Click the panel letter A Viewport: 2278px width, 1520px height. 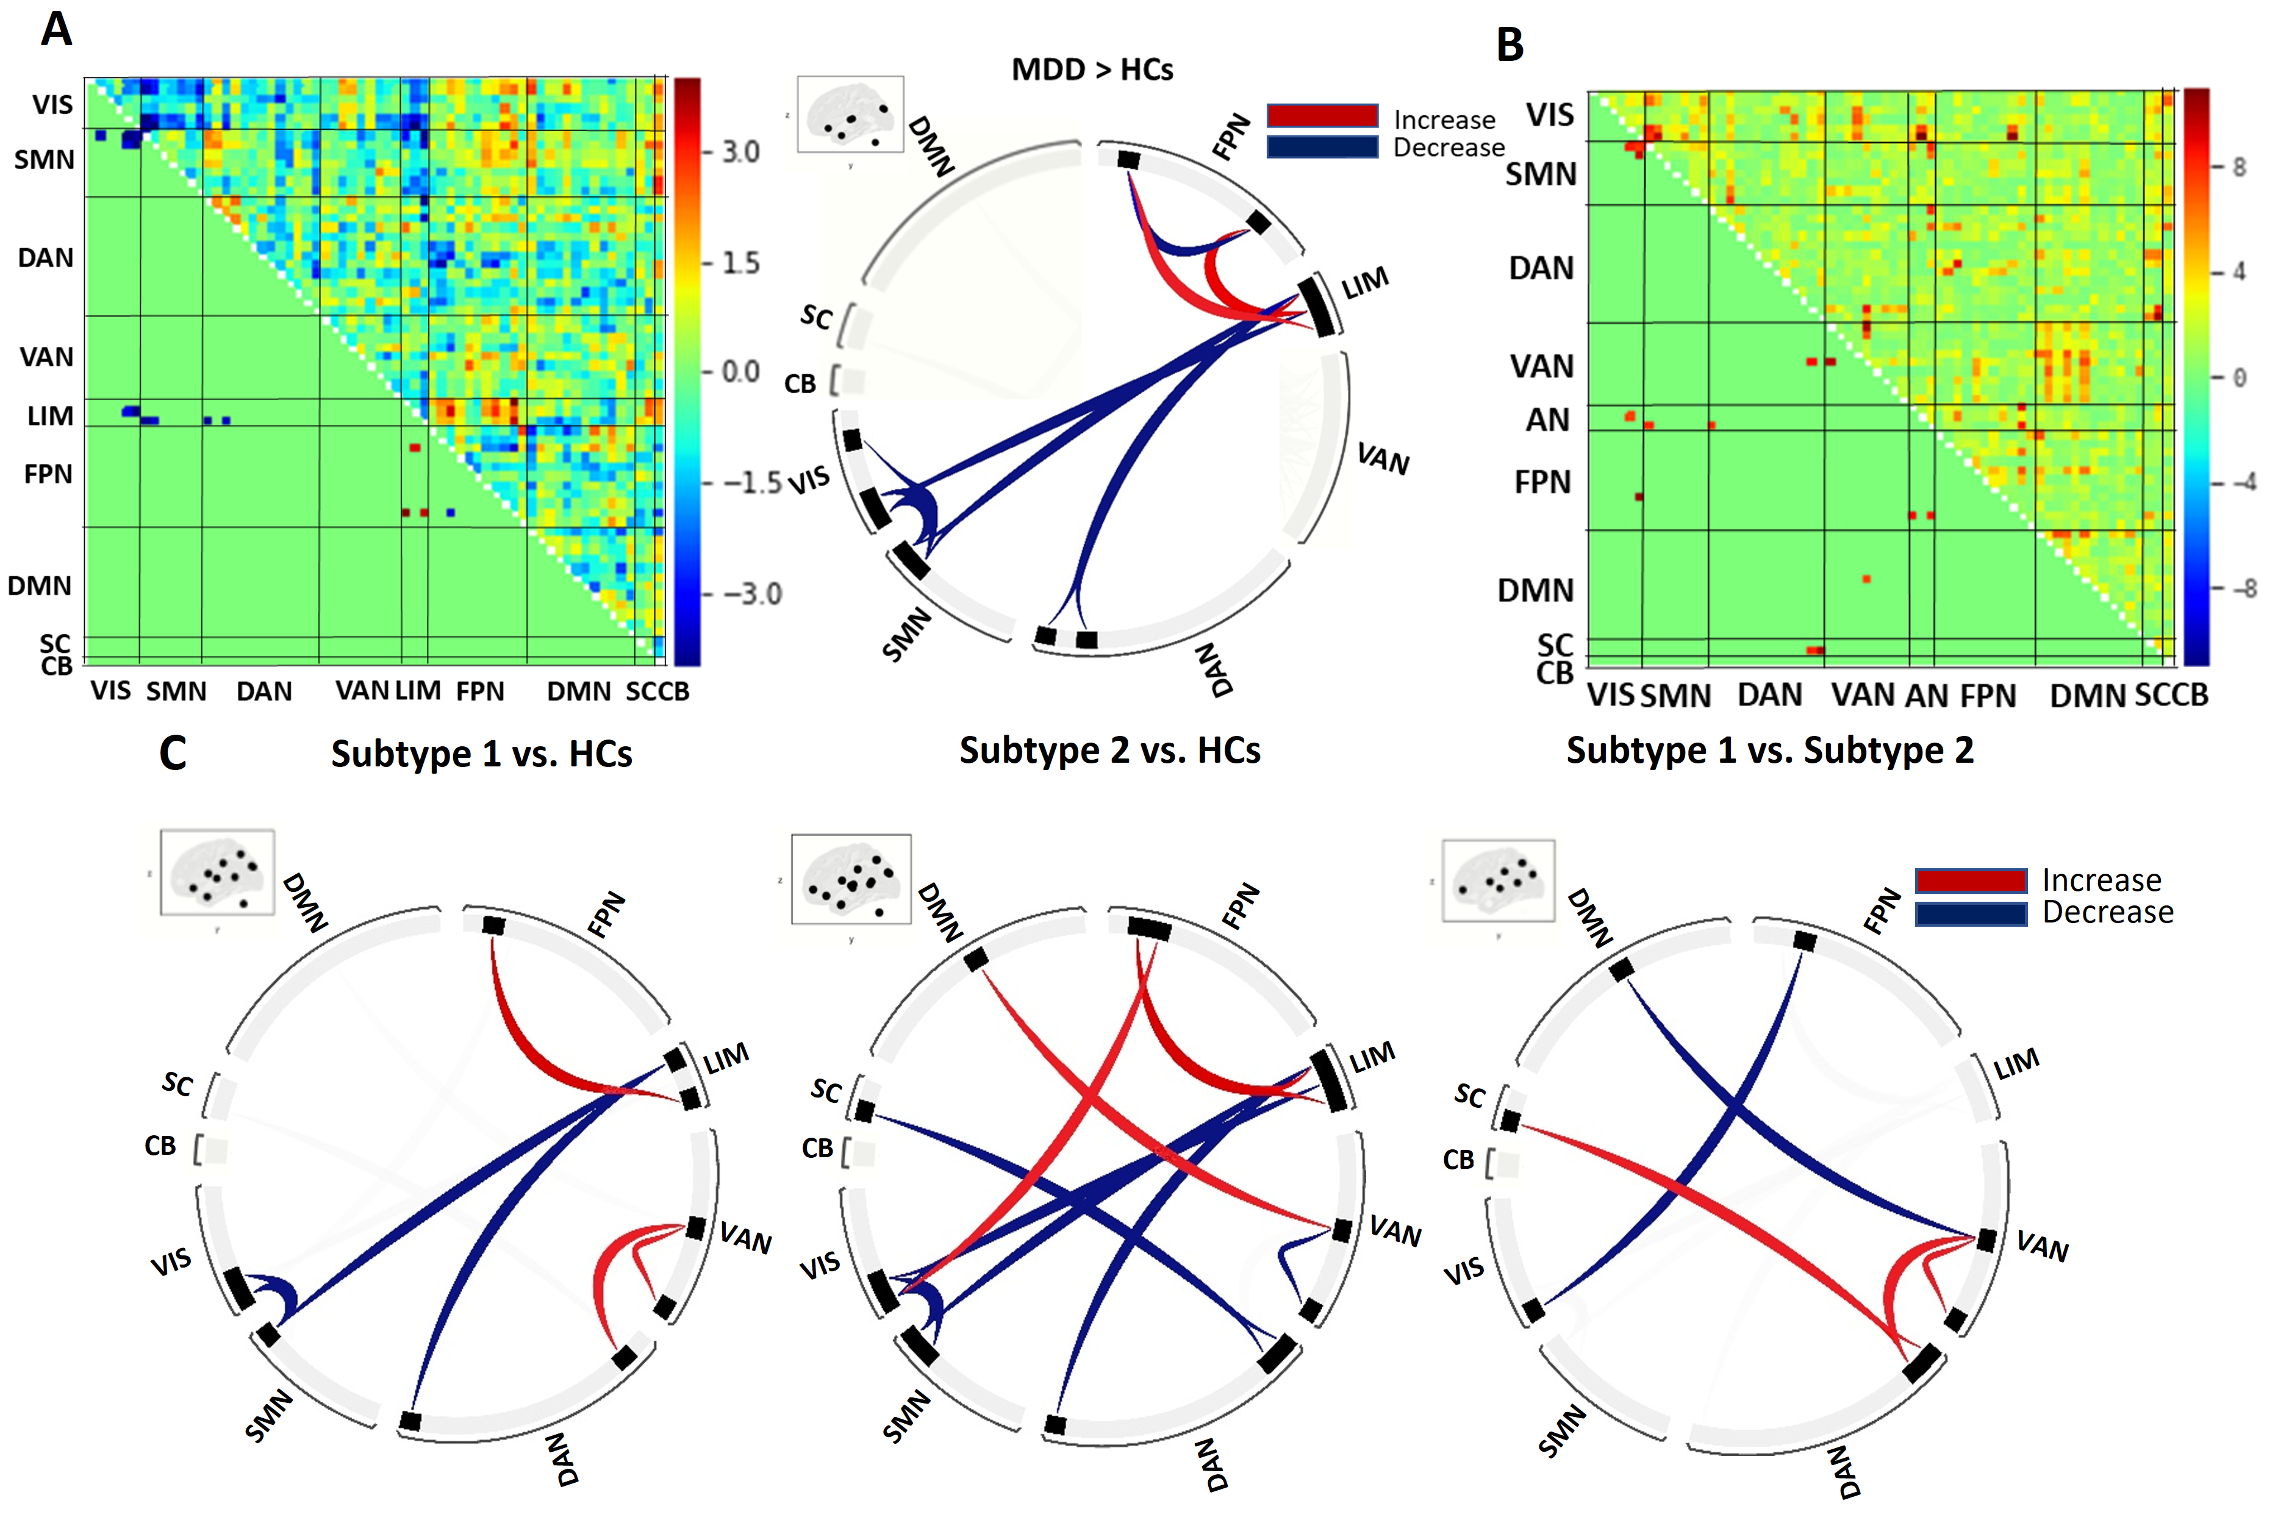[56, 29]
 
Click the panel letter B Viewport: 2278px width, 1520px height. [1510, 45]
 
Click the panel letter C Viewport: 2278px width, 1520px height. [173, 753]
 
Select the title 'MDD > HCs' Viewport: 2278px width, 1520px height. [1092, 70]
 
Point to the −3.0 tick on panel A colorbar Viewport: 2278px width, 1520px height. [751, 593]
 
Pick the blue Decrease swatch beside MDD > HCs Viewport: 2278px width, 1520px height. [1322, 148]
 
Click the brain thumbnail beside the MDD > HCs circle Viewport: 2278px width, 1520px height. [850, 115]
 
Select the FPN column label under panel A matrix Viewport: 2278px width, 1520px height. [480, 691]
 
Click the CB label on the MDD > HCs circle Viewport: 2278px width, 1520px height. [800, 384]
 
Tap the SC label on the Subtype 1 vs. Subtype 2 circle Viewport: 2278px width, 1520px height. [1469, 1096]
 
